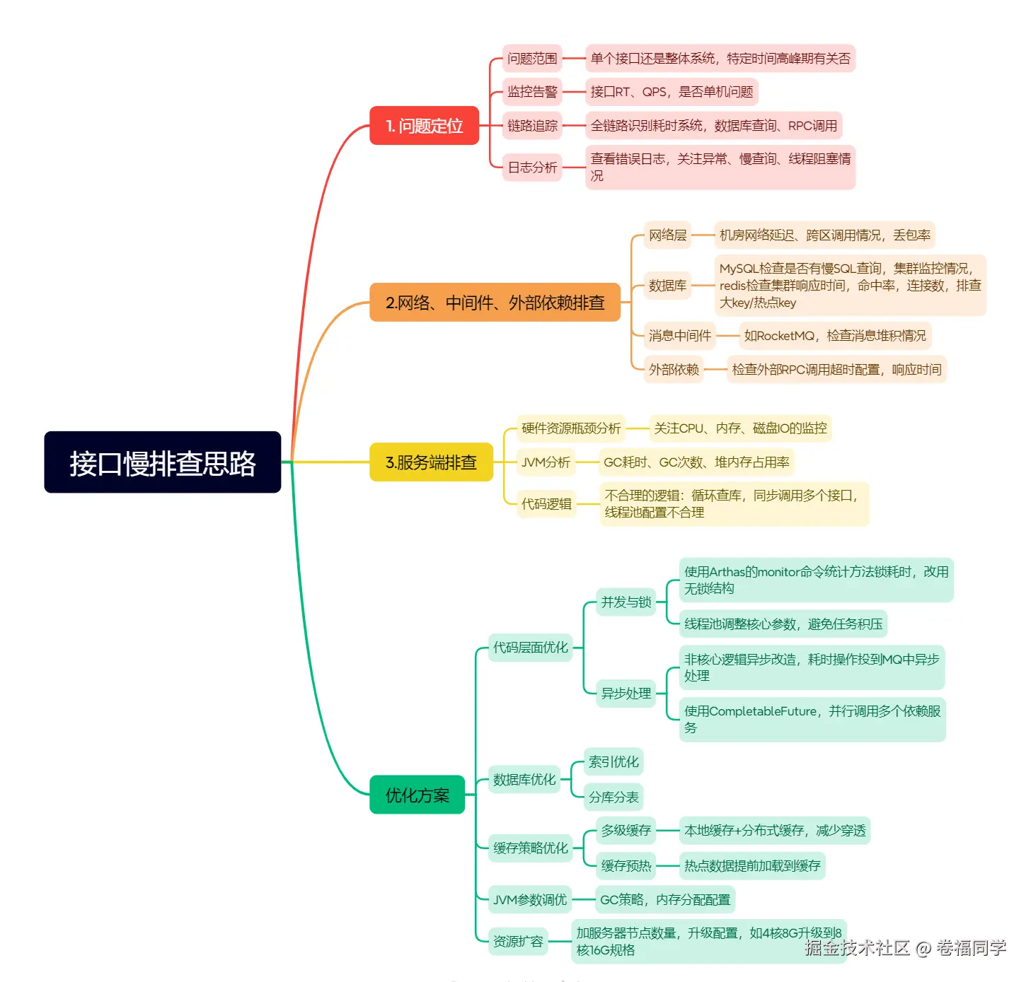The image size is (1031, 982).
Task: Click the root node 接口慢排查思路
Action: tap(162, 462)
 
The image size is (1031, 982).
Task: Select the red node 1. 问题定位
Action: tap(424, 126)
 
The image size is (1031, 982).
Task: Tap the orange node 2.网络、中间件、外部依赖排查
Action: tap(495, 303)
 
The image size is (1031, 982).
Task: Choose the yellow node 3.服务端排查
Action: tap(431, 462)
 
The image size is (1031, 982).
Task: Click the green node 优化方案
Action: tap(417, 795)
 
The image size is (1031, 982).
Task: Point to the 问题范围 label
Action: tap(532, 59)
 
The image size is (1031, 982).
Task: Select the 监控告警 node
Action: tap(532, 92)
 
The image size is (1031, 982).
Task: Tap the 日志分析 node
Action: tap(532, 168)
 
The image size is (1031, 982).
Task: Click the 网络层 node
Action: tap(667, 235)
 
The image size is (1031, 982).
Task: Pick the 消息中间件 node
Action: tap(679, 336)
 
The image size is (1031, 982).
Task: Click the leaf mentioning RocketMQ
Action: tap(834, 336)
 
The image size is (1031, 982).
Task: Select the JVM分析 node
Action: tap(546, 462)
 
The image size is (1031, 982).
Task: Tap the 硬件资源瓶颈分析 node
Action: tap(570, 428)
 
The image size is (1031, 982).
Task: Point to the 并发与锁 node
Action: tap(626, 602)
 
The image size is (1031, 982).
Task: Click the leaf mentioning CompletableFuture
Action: tap(812, 719)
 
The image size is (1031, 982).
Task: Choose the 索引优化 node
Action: tap(614, 762)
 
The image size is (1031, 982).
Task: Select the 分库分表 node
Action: tap(614, 797)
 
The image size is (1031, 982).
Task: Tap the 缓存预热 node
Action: tap(626, 865)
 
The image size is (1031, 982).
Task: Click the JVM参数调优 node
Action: tap(529, 900)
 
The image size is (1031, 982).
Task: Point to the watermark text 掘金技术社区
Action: tap(857, 948)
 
